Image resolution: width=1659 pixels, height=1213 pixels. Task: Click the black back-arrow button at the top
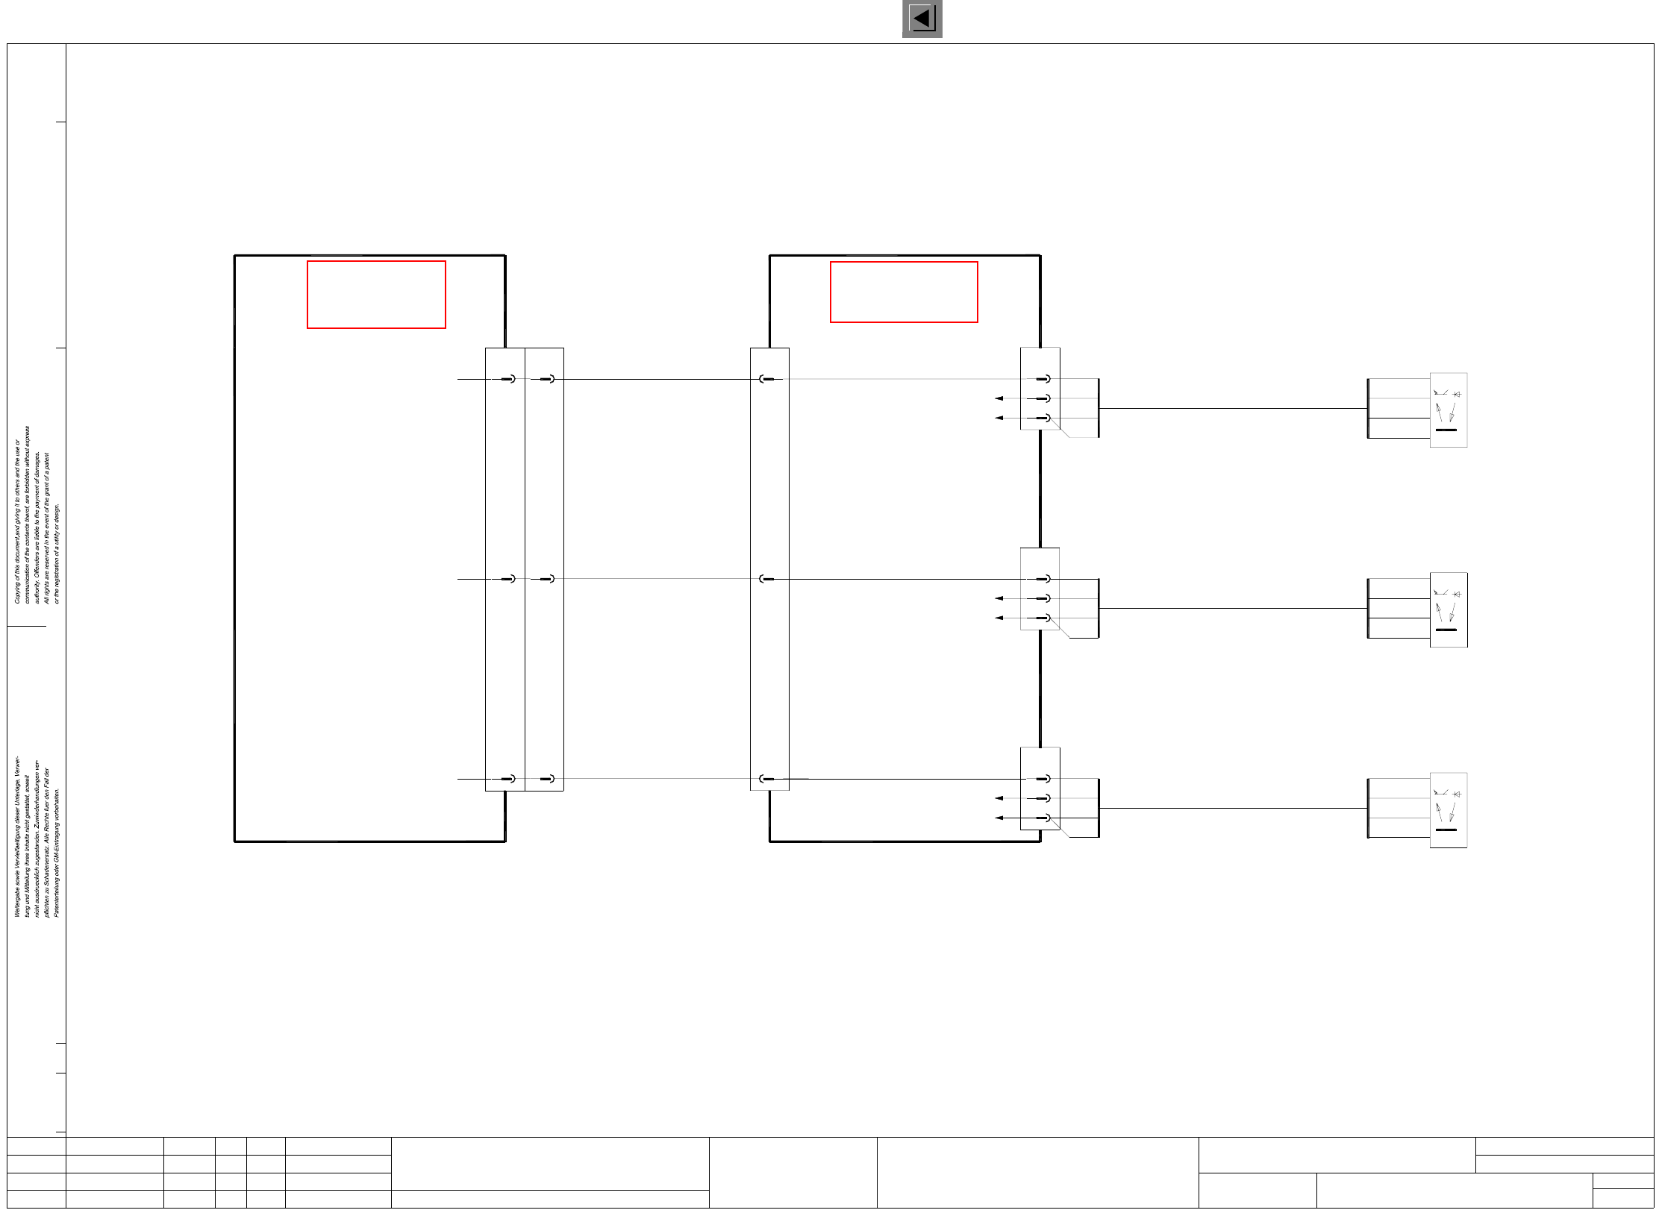[922, 19]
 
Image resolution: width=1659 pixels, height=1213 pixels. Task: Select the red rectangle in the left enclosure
[376, 295]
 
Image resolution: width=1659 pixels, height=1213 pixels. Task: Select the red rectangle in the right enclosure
[904, 292]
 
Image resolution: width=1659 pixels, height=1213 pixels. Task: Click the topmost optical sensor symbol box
[1449, 410]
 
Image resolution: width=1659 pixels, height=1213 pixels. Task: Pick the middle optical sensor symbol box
[1449, 610]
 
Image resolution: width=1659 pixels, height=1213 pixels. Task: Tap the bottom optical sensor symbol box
[1449, 810]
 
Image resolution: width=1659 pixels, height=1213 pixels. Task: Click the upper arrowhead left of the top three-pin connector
[999, 398]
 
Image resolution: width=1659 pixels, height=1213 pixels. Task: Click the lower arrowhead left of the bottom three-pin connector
[999, 818]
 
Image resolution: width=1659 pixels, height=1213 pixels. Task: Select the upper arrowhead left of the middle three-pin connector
[999, 598]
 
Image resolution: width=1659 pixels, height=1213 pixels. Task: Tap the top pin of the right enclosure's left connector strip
[766, 379]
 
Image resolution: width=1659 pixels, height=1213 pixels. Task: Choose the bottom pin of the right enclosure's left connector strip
[766, 779]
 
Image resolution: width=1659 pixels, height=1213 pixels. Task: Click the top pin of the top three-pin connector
[1043, 379]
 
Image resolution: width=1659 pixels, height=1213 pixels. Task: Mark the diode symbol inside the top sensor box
[1456, 394]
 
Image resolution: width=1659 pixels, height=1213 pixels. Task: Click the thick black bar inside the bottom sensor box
[1446, 830]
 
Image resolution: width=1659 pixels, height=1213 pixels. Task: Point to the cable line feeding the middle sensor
[1231, 609]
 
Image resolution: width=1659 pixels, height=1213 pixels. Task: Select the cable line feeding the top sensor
[1231, 409]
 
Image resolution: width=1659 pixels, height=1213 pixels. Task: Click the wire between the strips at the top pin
[657, 380]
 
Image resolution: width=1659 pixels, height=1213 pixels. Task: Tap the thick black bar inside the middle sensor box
[1446, 630]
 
